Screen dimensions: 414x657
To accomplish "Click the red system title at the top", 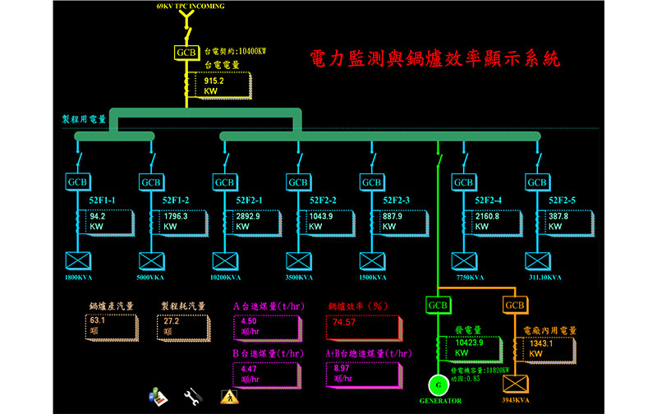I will point(435,59).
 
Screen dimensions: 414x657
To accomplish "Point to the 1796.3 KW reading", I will point(177,217).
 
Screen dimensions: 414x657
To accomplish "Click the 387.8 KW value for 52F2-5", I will point(558,217).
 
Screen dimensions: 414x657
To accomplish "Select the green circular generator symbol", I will point(438,384).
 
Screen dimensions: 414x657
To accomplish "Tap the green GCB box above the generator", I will point(439,306).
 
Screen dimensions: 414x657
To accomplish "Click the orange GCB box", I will point(515,306).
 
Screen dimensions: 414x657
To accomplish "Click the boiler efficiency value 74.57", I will point(345,322).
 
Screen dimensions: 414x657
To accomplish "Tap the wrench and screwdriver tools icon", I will point(193,395).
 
